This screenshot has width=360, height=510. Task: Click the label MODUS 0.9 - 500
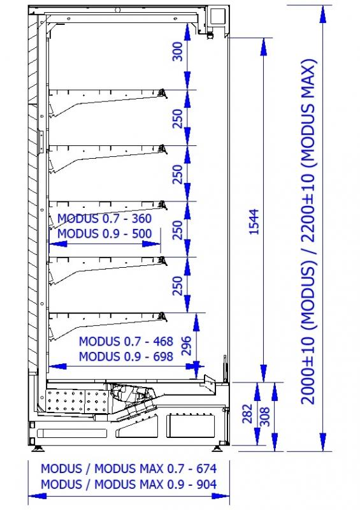tap(104, 233)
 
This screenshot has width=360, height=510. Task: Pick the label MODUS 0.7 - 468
tap(126, 340)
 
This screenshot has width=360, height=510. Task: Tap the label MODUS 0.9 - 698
tap(126, 356)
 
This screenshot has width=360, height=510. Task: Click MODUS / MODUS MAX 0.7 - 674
tap(129, 469)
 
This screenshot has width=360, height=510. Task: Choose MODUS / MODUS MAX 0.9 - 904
tap(129, 484)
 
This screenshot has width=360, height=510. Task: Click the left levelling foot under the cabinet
tap(40, 440)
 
